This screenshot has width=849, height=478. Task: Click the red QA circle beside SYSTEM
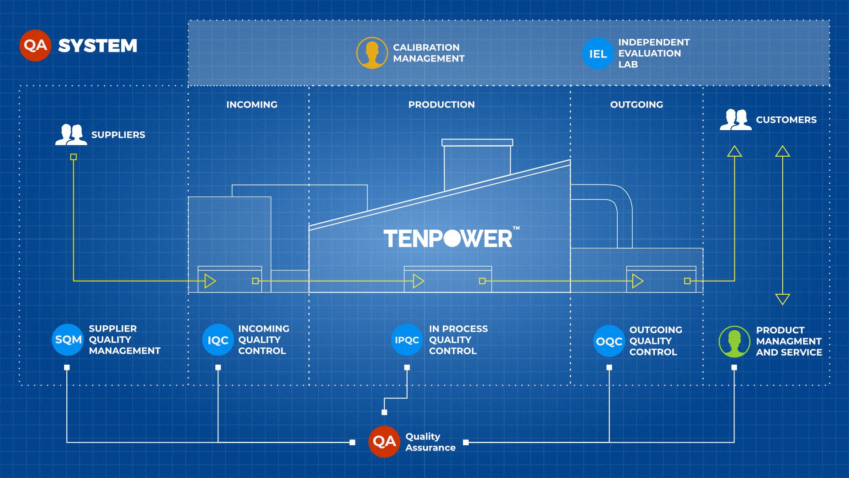point(35,45)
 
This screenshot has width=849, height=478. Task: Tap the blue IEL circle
point(598,54)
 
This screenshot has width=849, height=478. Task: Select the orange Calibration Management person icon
point(372,53)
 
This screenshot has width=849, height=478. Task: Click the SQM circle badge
point(68,340)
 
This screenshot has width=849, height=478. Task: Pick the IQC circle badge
point(218,340)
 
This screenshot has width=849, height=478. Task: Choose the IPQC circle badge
point(407,340)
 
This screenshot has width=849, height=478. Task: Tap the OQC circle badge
point(609,341)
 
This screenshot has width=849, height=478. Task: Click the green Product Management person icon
point(734,342)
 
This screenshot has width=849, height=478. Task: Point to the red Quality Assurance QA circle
point(384,442)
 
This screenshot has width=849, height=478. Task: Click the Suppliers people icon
point(71,135)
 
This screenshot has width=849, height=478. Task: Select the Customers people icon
point(735,119)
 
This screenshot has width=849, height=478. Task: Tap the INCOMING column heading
point(252,105)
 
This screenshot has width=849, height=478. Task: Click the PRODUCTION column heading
point(441,105)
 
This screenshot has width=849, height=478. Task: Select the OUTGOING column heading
point(637,105)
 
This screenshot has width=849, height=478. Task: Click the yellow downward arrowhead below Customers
point(783,299)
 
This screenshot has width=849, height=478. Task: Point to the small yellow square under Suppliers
point(73,157)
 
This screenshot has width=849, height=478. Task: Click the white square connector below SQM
point(67,367)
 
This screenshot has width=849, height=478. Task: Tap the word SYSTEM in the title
point(98,46)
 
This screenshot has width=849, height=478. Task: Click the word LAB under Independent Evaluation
point(628,65)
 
